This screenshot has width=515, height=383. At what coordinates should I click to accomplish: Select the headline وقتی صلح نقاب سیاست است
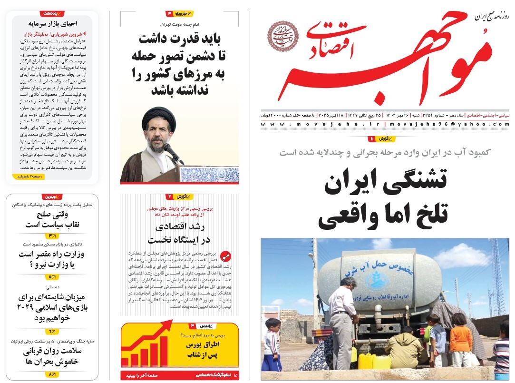tap(50, 219)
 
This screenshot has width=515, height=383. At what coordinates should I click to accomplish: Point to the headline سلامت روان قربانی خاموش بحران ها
tap(50, 357)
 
